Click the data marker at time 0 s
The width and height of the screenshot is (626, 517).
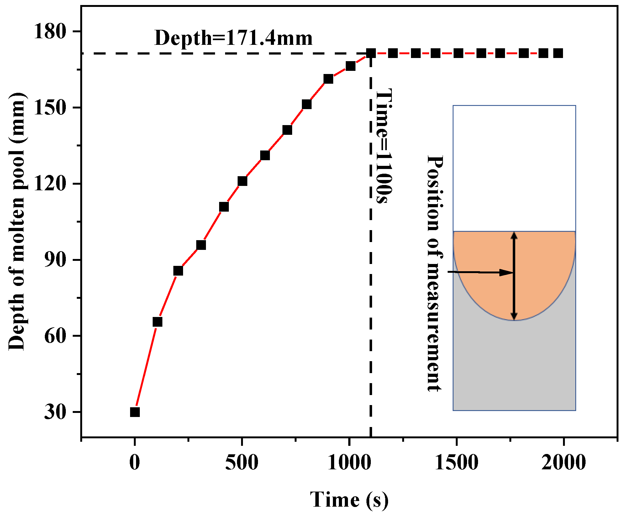pos(135,412)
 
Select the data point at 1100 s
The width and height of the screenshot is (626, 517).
pos(371,53)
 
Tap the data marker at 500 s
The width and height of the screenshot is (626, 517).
pos(242,181)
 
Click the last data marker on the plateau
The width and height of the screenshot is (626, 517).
pos(558,53)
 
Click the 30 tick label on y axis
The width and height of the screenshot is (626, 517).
pos(55,412)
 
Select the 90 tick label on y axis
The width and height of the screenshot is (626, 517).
pos(55,260)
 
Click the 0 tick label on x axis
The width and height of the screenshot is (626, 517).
pos(135,462)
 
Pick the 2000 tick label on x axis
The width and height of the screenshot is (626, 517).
pos(564,462)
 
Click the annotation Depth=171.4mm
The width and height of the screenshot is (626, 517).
pos(234,38)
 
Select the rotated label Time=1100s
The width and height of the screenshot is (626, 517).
pos(384,146)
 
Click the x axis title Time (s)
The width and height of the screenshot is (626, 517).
pos(349,500)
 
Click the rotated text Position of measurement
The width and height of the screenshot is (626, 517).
pos(435,273)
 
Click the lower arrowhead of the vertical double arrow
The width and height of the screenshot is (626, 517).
pos(514,317)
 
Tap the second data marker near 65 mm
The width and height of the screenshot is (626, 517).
pos(157,322)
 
